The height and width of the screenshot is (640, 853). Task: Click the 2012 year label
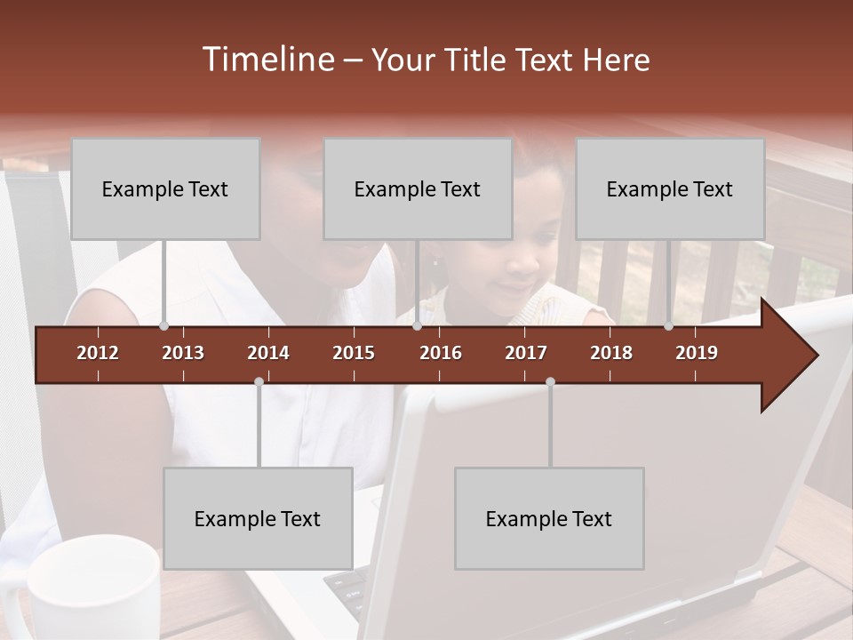point(98,353)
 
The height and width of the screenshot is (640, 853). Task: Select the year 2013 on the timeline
point(183,353)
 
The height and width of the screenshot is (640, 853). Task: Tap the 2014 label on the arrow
point(268,353)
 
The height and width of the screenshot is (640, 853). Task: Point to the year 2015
point(354,353)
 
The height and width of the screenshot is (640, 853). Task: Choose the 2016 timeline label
point(441,353)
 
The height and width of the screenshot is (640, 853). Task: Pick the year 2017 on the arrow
point(526,353)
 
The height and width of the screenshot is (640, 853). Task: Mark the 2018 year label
point(611,353)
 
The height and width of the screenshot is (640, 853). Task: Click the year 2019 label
point(697,353)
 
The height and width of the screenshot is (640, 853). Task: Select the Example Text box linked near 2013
point(165,188)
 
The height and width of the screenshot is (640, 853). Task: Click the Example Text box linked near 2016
point(418,188)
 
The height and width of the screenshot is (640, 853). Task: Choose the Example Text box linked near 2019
point(670,188)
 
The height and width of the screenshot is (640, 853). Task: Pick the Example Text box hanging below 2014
point(258,518)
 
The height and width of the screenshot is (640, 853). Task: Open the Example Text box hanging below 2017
point(549,518)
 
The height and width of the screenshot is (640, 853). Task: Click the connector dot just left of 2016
point(417,326)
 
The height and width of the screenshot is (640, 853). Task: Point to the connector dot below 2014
point(259,381)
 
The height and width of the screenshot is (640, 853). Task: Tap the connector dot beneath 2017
point(550,381)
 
